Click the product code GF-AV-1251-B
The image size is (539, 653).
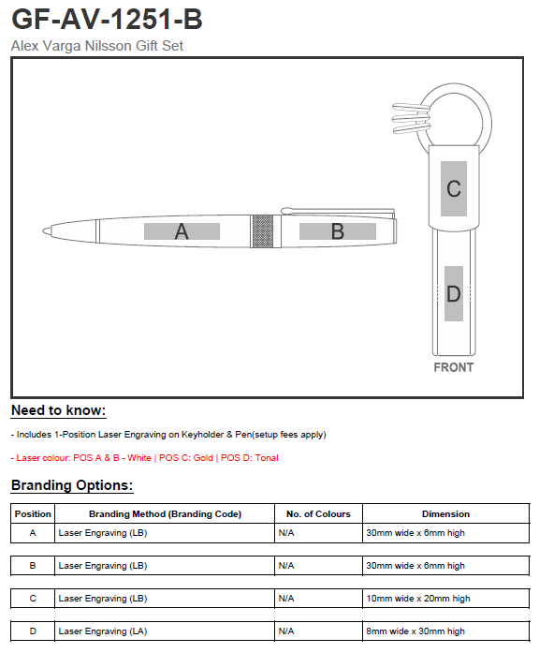[x=107, y=19]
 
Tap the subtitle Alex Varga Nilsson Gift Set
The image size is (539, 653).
[x=97, y=45]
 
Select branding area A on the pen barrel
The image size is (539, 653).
[x=182, y=231]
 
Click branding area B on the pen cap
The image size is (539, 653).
[x=337, y=231]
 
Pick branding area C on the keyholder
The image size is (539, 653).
[x=454, y=188]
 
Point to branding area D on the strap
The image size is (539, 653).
[x=454, y=293]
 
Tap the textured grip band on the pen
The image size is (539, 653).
[x=263, y=231]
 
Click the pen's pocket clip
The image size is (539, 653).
[x=337, y=212]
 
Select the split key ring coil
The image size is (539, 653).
[x=411, y=118]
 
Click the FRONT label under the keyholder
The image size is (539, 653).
[x=454, y=367]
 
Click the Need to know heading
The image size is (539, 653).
[x=59, y=410]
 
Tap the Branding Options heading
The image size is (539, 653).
[x=72, y=485]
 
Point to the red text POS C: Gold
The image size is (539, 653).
[x=186, y=458]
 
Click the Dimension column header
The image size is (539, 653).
[x=445, y=514]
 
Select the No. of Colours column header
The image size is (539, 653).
[x=318, y=514]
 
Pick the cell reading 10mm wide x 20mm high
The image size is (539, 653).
[x=418, y=599]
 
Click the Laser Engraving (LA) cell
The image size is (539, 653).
[x=103, y=631]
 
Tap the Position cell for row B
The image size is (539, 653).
[x=33, y=566]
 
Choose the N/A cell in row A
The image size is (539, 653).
[x=286, y=533]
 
